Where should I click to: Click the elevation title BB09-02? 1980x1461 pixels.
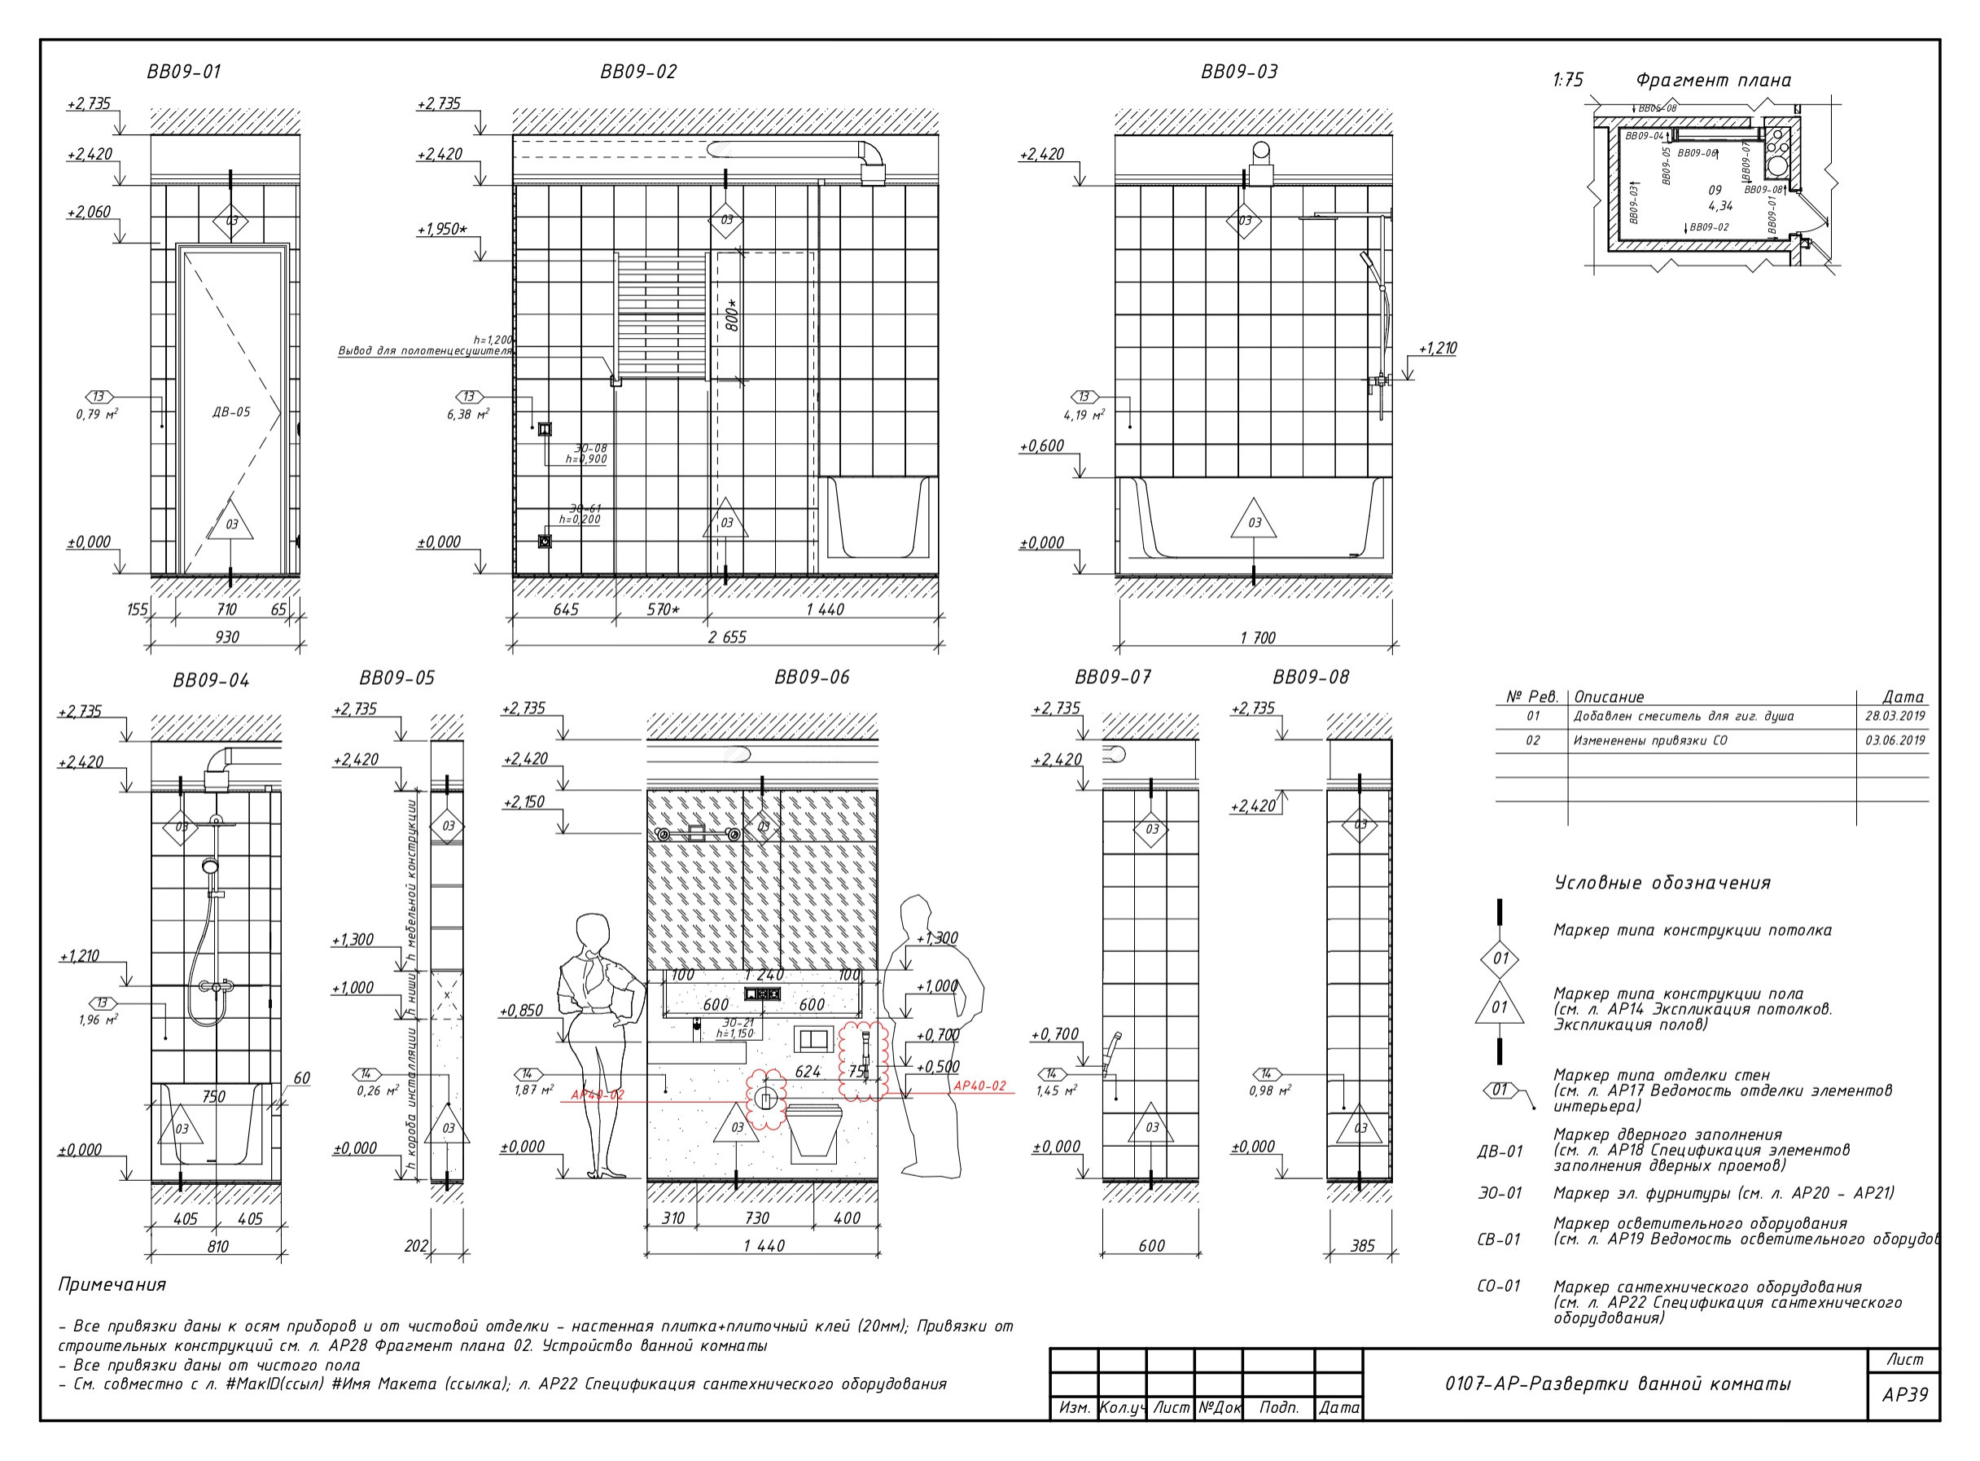[638, 72]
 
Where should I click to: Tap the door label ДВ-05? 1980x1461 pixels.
[231, 411]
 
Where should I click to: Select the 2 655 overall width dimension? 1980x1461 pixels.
[726, 637]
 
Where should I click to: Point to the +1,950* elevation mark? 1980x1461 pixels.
[442, 229]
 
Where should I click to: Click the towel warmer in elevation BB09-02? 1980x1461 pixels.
[661, 317]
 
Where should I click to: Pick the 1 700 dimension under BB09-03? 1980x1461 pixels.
[1257, 638]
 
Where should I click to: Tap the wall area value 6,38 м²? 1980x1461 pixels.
[467, 414]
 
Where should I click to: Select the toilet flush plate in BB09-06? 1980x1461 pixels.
[813, 1039]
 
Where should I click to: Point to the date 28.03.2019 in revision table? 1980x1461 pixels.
[1895, 717]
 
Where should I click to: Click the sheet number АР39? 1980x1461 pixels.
[1904, 1395]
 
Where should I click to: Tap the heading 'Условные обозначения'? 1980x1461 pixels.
[1662, 883]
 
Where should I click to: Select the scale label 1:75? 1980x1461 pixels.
[1567, 81]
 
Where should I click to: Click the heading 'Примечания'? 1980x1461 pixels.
[112, 1284]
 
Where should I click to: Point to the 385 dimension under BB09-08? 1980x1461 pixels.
[1362, 1245]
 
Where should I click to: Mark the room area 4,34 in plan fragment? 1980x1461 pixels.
[1720, 206]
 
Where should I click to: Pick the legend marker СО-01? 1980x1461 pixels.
[1498, 1286]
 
